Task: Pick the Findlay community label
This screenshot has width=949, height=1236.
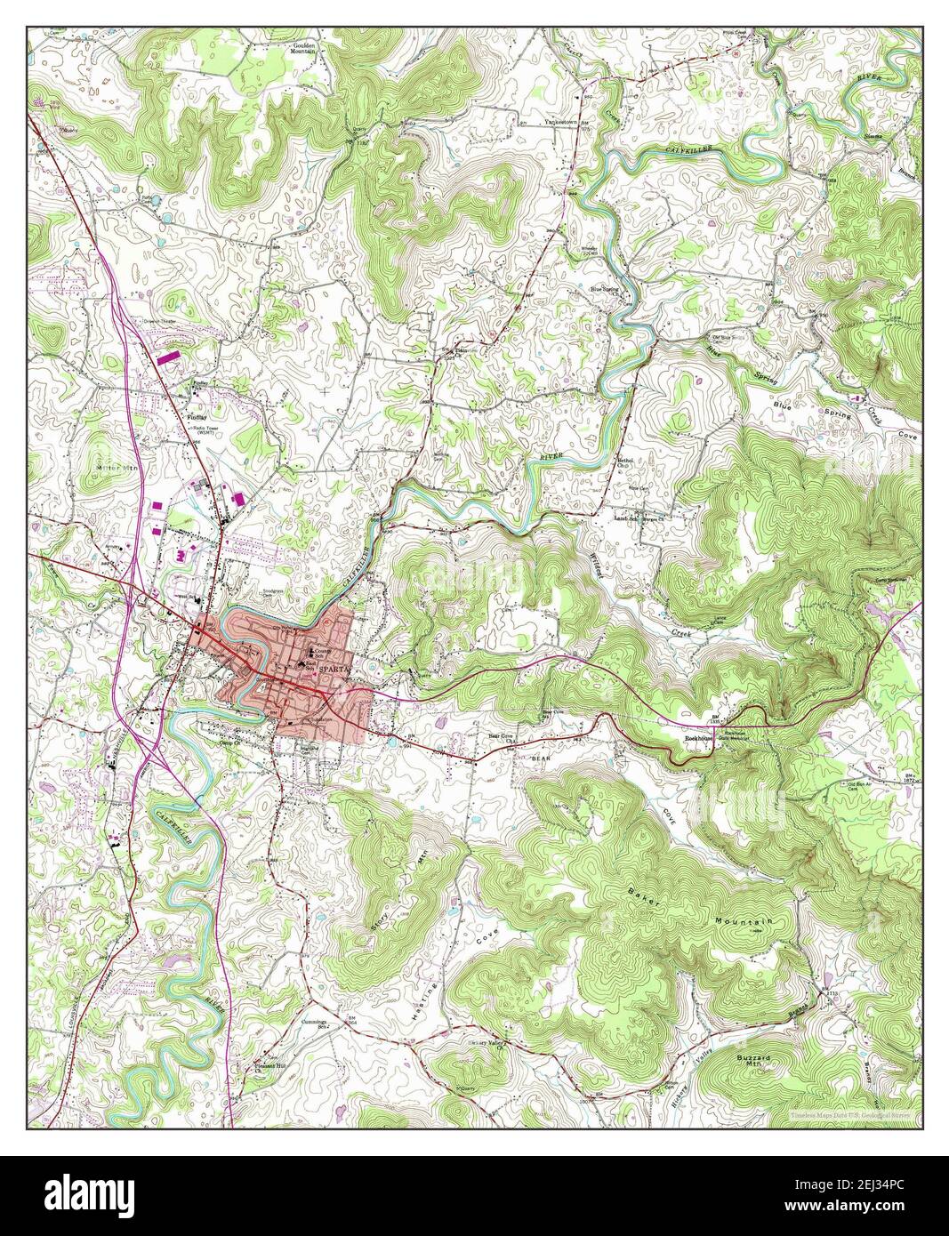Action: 196,414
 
